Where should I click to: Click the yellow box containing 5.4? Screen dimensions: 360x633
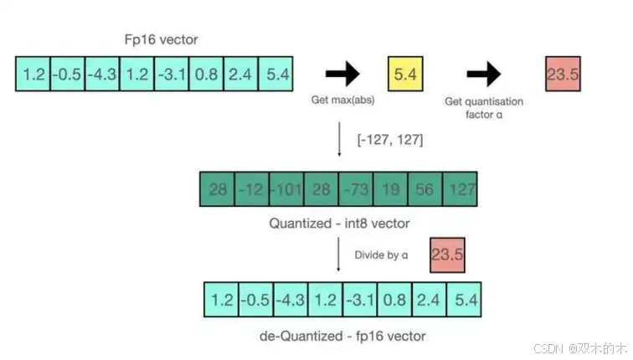(x=405, y=74)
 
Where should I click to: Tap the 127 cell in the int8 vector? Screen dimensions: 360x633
(x=459, y=189)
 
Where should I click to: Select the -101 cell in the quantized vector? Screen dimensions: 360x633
(x=286, y=189)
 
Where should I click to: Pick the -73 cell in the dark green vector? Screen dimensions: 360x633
(x=356, y=189)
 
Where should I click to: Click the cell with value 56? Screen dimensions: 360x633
(x=425, y=189)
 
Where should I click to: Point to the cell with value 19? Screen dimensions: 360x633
(x=390, y=189)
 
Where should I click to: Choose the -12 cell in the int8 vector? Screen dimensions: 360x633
(x=252, y=189)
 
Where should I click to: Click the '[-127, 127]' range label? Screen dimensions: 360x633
(x=391, y=140)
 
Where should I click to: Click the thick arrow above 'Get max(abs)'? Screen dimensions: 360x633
(x=342, y=75)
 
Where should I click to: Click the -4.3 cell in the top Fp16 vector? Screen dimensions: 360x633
(x=103, y=74)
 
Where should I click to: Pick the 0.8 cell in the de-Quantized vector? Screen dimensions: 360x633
(x=394, y=299)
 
